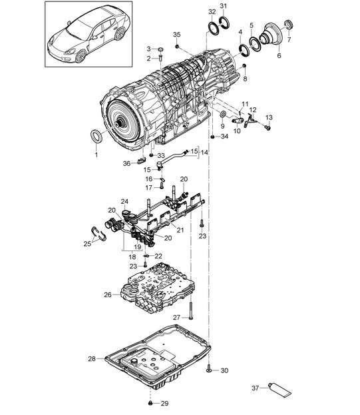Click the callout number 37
[x=255, y=388]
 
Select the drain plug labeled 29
[x=150, y=403]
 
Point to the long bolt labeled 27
[x=190, y=310]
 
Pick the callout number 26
[x=108, y=294]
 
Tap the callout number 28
[x=92, y=359]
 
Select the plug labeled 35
[x=177, y=47]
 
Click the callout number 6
[x=279, y=55]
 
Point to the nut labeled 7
[x=288, y=25]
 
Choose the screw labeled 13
[x=268, y=128]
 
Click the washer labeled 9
[x=223, y=114]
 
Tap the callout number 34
[x=224, y=137]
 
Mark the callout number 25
[x=87, y=244]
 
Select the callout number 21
[x=180, y=230]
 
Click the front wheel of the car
[x=81, y=56]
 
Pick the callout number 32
[x=212, y=11]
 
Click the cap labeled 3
[x=160, y=49]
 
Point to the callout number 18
[x=132, y=256]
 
